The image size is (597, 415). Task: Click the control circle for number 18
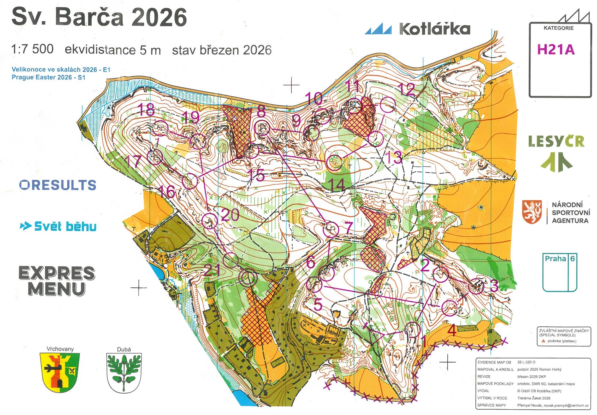click(160, 128)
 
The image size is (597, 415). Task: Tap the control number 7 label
click(349, 228)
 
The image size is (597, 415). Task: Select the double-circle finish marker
click(248, 278)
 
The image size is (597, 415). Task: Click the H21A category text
click(555, 50)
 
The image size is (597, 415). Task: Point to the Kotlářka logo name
click(434, 29)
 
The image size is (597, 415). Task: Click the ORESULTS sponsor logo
click(58, 185)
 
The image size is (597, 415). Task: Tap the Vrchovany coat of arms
click(60, 373)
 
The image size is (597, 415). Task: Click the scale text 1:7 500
click(32, 49)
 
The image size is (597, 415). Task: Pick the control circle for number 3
click(476, 287)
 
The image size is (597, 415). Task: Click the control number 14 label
click(338, 185)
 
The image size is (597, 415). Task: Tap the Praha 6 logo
click(560, 272)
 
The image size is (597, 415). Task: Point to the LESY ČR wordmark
click(556, 142)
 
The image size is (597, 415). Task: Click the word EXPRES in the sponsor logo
click(57, 273)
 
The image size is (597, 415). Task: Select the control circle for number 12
click(388, 105)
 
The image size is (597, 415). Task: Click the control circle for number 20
click(210, 221)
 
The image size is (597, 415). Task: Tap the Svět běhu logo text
click(65, 226)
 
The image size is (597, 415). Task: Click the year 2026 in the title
click(159, 17)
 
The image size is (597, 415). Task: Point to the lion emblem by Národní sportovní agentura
click(532, 212)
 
